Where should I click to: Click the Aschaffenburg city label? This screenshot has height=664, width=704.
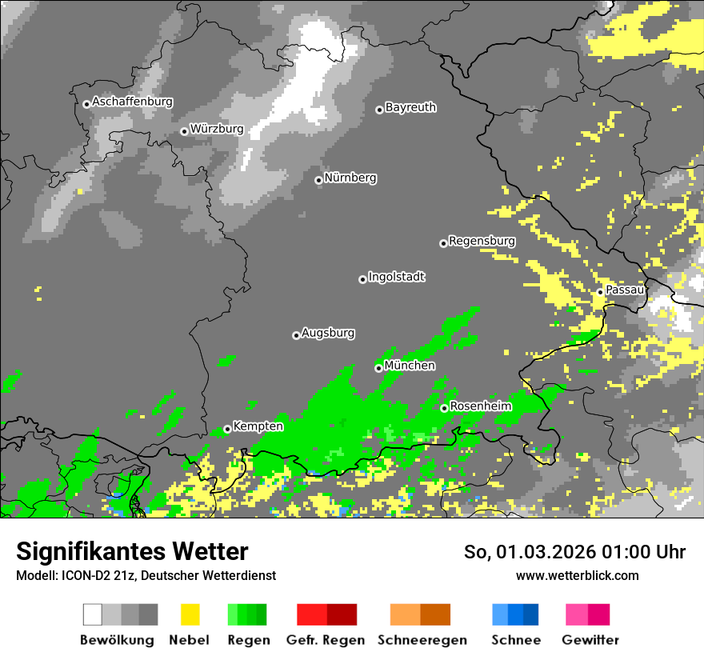pyautogui.click(x=132, y=102)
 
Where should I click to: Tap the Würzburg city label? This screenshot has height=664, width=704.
pyautogui.click(x=217, y=129)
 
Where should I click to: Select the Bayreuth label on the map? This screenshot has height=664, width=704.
pyautogui.click(x=410, y=107)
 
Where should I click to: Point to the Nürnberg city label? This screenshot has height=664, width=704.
pyautogui.click(x=350, y=178)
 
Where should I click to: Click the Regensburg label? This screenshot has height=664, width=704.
pyautogui.click(x=482, y=241)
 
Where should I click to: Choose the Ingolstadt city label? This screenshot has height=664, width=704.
pyautogui.click(x=397, y=277)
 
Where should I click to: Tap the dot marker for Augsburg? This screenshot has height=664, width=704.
pyautogui.click(x=296, y=335)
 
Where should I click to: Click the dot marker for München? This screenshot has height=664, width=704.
pyautogui.click(x=378, y=368)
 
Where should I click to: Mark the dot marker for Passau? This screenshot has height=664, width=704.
pyautogui.click(x=600, y=292)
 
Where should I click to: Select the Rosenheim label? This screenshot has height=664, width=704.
pyautogui.click(x=481, y=406)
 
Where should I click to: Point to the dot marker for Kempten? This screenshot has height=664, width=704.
pyautogui.click(x=227, y=429)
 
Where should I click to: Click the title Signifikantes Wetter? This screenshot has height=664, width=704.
pyautogui.click(x=132, y=551)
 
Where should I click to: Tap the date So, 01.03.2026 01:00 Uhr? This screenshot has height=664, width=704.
pyautogui.click(x=574, y=552)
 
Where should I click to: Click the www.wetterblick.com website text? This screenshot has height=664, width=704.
pyautogui.click(x=577, y=575)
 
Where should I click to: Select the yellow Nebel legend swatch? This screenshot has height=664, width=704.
pyautogui.click(x=190, y=614)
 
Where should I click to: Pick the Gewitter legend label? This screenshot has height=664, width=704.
pyautogui.click(x=590, y=640)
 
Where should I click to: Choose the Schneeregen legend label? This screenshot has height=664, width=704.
pyautogui.click(x=422, y=640)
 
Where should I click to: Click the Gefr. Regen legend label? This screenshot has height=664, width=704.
pyautogui.click(x=326, y=640)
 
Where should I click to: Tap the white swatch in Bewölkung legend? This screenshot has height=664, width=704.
pyautogui.click(x=93, y=614)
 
